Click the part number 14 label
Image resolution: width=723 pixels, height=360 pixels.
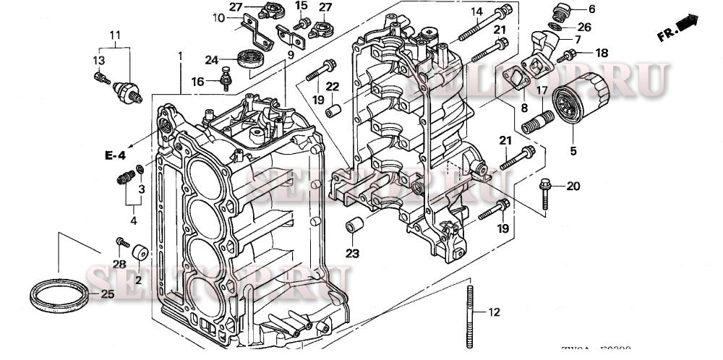click(476, 11)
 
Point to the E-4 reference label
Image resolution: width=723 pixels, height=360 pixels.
click(114, 155)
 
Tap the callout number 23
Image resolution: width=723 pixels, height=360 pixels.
click(352, 253)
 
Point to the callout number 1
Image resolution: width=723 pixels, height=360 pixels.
click(180, 55)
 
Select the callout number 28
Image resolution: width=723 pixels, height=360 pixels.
click(118, 265)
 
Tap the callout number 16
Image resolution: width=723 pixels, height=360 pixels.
click(197, 82)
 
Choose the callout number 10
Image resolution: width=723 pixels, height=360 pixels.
click(219, 17)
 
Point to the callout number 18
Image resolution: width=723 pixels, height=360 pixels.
click(602, 53)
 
